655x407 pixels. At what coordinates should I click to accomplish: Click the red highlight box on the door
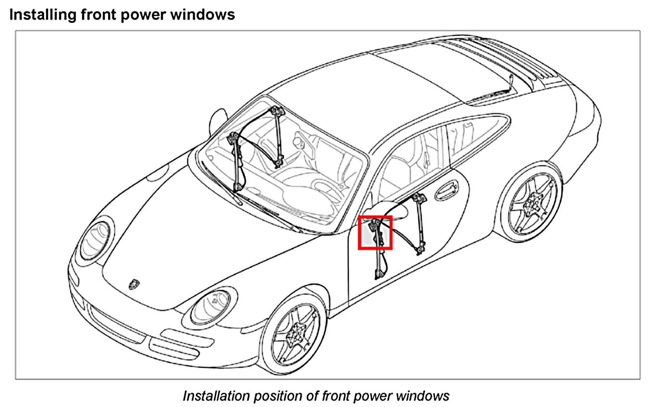375,233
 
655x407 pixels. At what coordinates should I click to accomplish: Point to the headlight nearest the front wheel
211,307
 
